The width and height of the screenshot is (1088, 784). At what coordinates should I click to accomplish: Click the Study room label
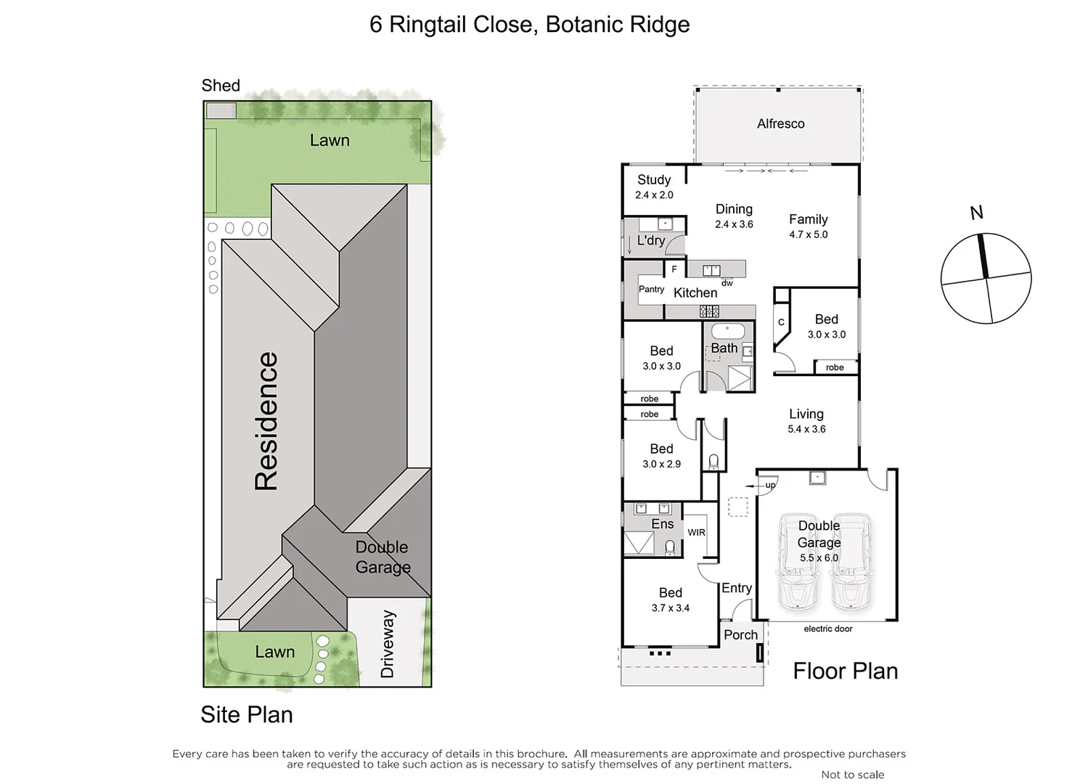[653, 179]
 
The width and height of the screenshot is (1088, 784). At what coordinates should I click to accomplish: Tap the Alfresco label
[780, 123]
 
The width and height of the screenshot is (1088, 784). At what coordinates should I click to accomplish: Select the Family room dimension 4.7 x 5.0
[808, 234]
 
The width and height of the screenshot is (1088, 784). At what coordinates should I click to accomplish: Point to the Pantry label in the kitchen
[651, 289]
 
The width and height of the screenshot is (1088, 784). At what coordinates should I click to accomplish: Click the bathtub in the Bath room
[727, 332]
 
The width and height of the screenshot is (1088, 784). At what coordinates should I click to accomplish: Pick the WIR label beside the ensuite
[696, 532]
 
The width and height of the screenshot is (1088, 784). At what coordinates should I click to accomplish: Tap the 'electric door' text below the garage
[827, 629]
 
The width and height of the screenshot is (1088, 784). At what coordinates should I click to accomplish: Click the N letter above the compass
[976, 213]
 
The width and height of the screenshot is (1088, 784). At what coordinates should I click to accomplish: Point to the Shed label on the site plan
[221, 86]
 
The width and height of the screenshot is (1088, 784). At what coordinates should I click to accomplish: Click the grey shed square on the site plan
[221, 111]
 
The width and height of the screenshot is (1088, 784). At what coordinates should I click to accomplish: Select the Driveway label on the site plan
[387, 644]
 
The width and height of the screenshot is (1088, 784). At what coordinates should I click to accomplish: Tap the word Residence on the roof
[266, 421]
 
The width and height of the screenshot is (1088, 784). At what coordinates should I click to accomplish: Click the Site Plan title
[247, 714]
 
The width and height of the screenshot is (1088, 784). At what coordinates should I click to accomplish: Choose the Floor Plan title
[845, 671]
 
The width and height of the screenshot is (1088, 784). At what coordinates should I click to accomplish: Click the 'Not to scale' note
[852, 775]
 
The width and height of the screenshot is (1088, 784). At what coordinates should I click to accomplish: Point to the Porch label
[740, 634]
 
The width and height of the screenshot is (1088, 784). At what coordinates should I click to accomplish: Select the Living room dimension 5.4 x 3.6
[806, 429]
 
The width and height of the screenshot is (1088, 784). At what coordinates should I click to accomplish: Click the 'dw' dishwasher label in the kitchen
[727, 283]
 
